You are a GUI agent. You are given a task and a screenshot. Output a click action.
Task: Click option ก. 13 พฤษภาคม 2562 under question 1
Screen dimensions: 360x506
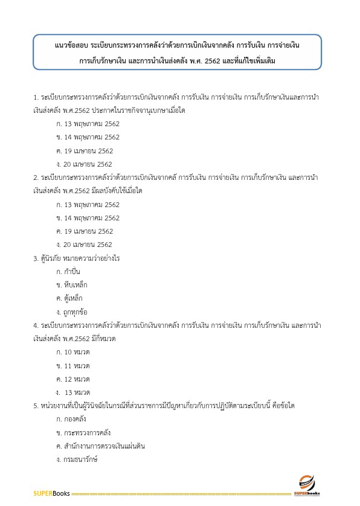click(88, 124)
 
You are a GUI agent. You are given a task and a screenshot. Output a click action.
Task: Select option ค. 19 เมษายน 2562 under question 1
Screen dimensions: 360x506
click(84, 151)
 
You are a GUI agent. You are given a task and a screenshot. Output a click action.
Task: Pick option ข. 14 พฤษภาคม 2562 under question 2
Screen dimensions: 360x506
click(88, 218)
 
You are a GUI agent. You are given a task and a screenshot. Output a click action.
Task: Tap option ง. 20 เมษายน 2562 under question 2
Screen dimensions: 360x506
click(84, 245)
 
